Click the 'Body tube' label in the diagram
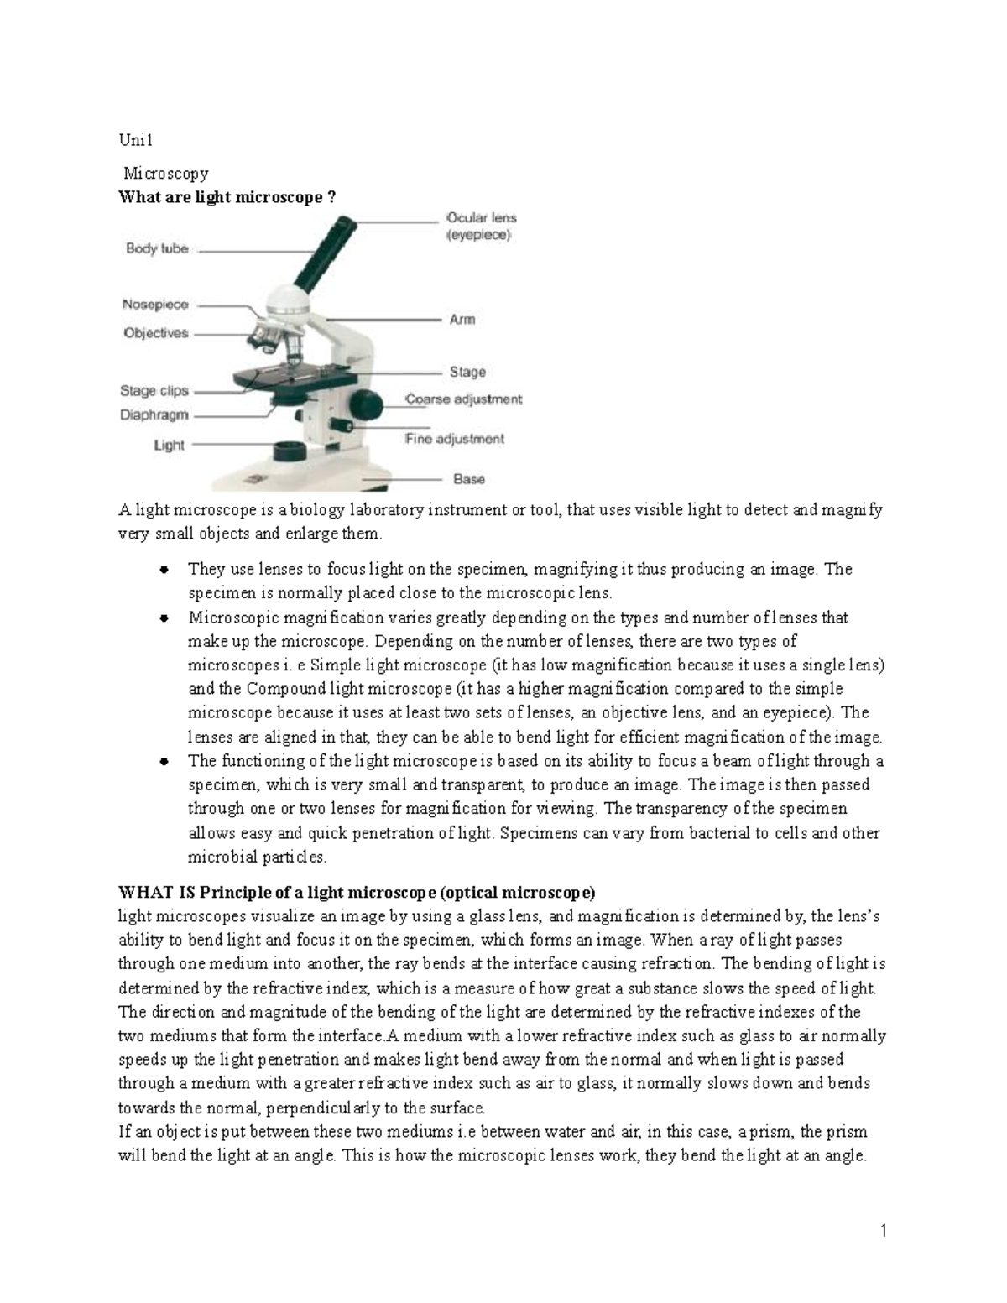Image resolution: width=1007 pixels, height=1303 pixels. [x=157, y=248]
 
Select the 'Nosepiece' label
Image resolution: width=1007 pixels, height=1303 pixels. [x=155, y=305]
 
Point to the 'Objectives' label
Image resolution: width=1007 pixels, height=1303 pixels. [x=156, y=333]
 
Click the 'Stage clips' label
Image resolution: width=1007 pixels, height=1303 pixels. [x=154, y=391]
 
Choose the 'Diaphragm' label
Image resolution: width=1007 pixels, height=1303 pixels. [x=154, y=414]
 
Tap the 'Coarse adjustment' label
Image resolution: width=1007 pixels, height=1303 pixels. [x=463, y=400]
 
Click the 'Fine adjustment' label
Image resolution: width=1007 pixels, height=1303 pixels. [x=455, y=439]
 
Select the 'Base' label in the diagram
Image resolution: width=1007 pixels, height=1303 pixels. [x=469, y=479]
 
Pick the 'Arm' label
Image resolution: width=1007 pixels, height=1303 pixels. [x=462, y=320]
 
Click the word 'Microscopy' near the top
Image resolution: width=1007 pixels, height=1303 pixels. [x=166, y=174]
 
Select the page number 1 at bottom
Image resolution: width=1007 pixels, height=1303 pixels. [x=884, y=1231]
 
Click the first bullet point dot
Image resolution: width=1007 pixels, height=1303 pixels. [x=164, y=570]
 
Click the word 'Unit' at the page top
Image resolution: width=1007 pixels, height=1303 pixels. [x=134, y=141]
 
